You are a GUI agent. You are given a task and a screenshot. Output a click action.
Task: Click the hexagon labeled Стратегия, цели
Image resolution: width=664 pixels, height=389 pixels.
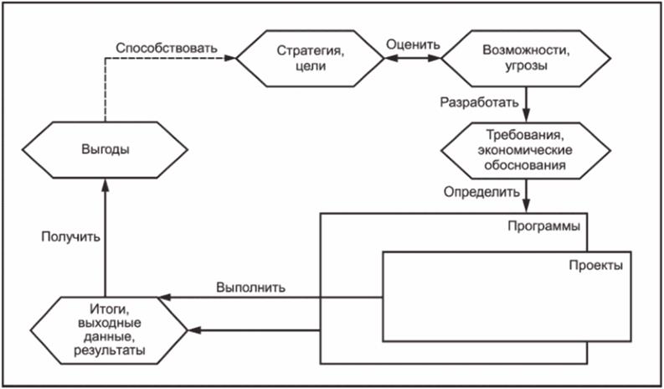[310, 59]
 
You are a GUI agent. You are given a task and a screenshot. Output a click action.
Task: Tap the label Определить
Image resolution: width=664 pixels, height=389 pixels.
[480, 192]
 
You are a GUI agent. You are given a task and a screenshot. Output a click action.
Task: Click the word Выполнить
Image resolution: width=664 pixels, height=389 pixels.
[250, 286]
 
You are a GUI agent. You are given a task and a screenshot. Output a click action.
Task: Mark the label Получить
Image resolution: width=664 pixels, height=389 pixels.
[72, 236]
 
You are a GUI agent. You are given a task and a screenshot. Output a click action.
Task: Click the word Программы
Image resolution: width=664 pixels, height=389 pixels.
[545, 226]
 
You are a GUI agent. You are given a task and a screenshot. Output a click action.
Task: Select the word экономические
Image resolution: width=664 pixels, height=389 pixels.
[526, 151]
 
